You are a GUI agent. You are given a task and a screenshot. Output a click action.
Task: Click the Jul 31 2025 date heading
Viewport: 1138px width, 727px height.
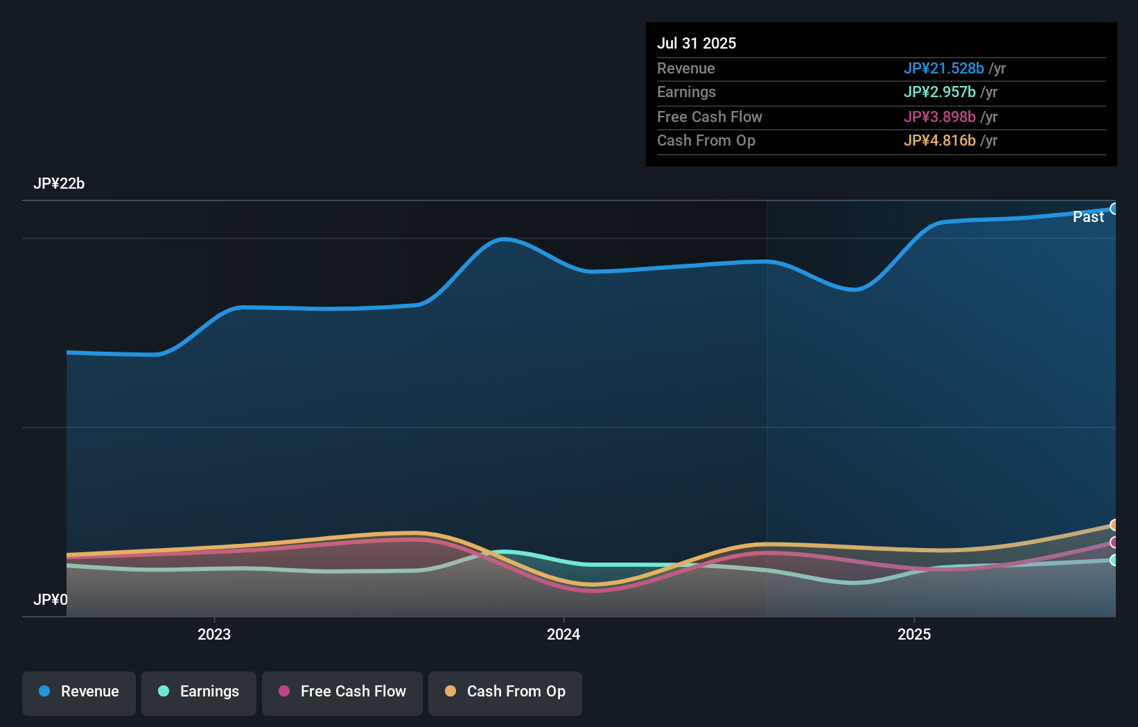(696, 43)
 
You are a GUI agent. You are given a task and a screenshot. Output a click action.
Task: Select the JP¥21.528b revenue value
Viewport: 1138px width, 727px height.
(943, 68)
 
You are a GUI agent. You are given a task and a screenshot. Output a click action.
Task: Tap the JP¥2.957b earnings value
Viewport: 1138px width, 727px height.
(939, 92)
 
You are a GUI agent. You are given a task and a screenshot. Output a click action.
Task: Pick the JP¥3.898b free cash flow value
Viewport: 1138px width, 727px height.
(939, 117)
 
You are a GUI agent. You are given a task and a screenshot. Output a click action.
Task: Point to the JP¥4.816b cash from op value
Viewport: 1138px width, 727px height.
(939, 140)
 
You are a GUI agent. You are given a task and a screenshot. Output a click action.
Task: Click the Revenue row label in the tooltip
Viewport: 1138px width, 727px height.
(685, 68)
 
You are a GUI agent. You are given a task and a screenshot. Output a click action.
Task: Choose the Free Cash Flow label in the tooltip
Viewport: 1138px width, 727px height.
(709, 117)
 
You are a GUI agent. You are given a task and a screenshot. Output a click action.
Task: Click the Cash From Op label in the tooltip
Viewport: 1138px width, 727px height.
(706, 140)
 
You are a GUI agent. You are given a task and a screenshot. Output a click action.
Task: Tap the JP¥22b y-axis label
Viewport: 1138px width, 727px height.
(59, 183)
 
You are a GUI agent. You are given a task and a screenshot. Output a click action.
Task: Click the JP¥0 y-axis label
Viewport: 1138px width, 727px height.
(50, 599)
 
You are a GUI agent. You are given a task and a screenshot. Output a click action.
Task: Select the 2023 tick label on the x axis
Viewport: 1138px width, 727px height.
(213, 634)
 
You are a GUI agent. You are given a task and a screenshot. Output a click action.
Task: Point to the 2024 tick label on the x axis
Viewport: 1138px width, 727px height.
(563, 634)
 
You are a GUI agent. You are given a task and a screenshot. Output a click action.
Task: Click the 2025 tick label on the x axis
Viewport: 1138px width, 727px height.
(913, 634)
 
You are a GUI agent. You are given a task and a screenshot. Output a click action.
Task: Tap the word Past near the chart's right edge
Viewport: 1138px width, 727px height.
(1087, 216)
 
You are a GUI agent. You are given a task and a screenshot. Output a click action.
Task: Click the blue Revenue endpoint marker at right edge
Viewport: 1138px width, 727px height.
(1114, 209)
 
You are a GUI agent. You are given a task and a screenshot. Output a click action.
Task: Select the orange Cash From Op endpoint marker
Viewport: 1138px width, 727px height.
(1114, 525)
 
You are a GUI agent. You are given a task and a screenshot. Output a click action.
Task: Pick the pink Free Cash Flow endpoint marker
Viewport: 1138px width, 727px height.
(1114, 542)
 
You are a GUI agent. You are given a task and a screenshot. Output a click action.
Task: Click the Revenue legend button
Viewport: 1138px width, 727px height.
(79, 692)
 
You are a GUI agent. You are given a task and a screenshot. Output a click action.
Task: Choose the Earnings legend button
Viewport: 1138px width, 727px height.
(199, 692)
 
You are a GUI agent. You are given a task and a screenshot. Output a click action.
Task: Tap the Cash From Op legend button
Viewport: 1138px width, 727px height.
(505, 692)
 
